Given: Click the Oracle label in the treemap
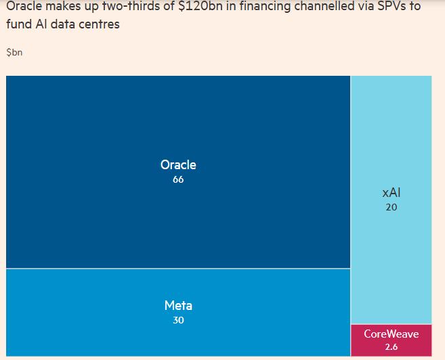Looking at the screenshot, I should point(178,164).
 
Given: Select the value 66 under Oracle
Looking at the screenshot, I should point(178,180).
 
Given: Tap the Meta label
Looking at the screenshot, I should point(178,305).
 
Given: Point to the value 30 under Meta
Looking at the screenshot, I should point(178,320).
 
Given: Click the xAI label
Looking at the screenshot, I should point(391,193).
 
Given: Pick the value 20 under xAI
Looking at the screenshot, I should point(391,208).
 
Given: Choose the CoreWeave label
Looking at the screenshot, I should point(391,334).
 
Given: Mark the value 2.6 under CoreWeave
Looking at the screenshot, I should point(391,347).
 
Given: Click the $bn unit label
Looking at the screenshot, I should point(14,53).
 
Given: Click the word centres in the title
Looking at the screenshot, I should point(99,25).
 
